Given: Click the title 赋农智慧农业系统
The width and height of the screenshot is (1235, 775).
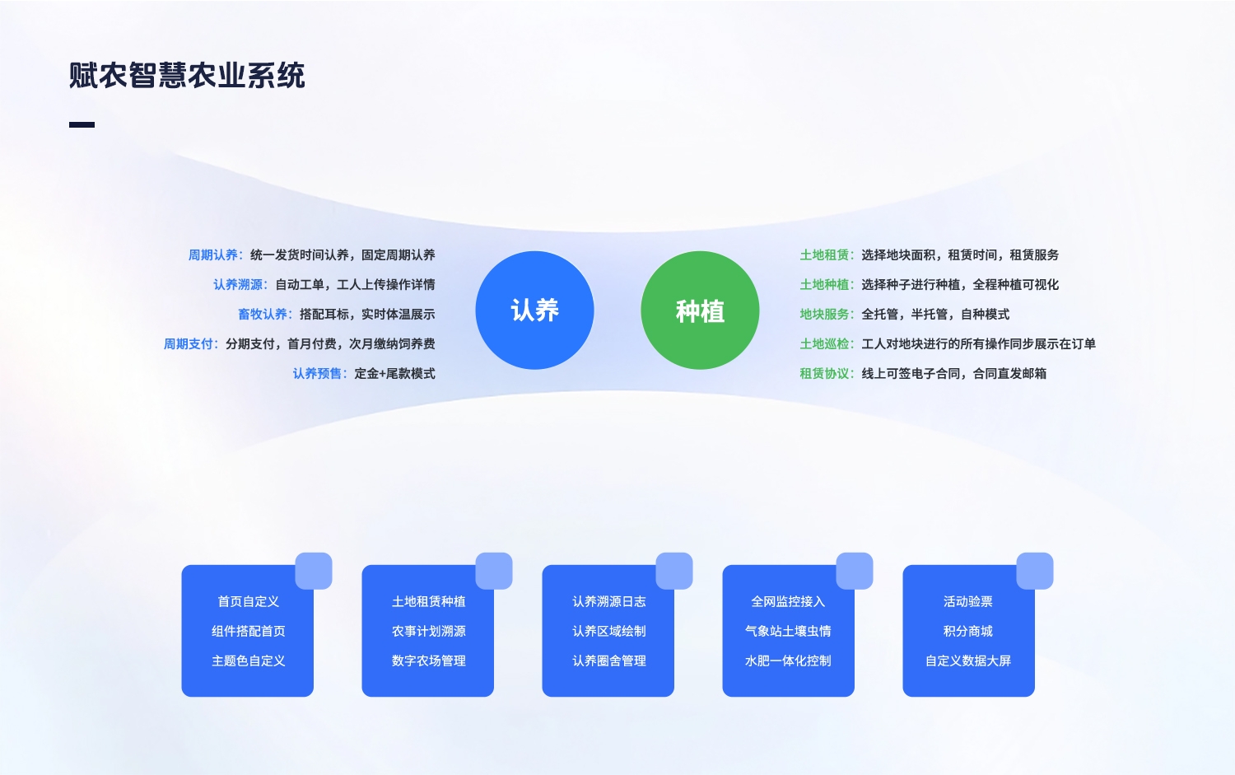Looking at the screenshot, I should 187,76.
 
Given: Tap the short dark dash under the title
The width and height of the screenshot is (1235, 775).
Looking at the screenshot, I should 82,125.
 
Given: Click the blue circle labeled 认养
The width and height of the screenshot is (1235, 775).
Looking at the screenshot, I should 534,310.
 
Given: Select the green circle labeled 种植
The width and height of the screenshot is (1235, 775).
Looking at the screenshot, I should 700,310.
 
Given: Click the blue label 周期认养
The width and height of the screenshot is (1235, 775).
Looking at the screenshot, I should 213,255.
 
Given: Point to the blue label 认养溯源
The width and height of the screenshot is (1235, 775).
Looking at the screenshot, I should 238,285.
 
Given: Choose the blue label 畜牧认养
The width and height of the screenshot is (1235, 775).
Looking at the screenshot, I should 263,315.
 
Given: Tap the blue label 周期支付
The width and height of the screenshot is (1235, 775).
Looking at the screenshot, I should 189,344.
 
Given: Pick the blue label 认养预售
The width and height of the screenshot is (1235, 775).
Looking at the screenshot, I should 317,374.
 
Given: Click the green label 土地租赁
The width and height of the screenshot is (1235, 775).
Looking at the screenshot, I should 825,255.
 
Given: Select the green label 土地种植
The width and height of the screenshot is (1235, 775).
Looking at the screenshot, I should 825,285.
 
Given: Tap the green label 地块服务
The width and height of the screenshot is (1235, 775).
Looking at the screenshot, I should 825,315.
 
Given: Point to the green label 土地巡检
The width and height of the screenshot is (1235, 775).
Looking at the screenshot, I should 825,344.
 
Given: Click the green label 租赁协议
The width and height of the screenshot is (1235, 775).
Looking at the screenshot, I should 825,374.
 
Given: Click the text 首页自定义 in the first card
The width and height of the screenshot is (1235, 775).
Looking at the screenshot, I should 248,602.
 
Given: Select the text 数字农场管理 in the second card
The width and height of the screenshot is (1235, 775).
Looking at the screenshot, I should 428,661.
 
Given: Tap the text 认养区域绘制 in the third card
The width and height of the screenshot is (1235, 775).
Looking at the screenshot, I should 608,632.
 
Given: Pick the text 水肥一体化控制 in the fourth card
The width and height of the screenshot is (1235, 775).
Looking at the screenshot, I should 788,661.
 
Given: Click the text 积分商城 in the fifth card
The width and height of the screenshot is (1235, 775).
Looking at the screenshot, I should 968,632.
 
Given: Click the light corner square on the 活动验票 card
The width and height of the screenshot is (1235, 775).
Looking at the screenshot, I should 1035,571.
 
